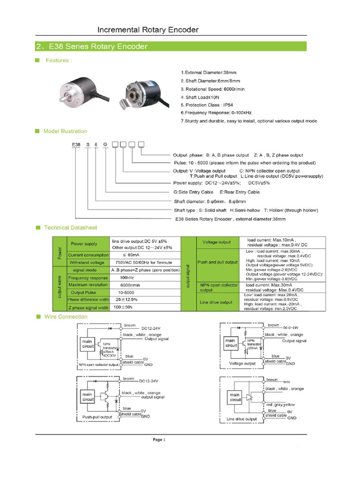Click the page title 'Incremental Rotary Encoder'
tap(148, 30)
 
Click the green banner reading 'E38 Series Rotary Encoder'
tap(171, 46)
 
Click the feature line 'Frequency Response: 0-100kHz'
tap(216, 113)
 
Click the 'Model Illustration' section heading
tap(65, 131)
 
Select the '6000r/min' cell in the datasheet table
tap(131, 285)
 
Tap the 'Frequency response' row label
tap(88, 277)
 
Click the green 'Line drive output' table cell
tap(216, 302)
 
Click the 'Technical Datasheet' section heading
tap(70, 228)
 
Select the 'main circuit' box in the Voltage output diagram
tap(230, 343)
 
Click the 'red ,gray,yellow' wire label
tap(280, 405)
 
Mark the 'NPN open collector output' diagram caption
tap(97, 364)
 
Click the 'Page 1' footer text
tap(159, 440)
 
